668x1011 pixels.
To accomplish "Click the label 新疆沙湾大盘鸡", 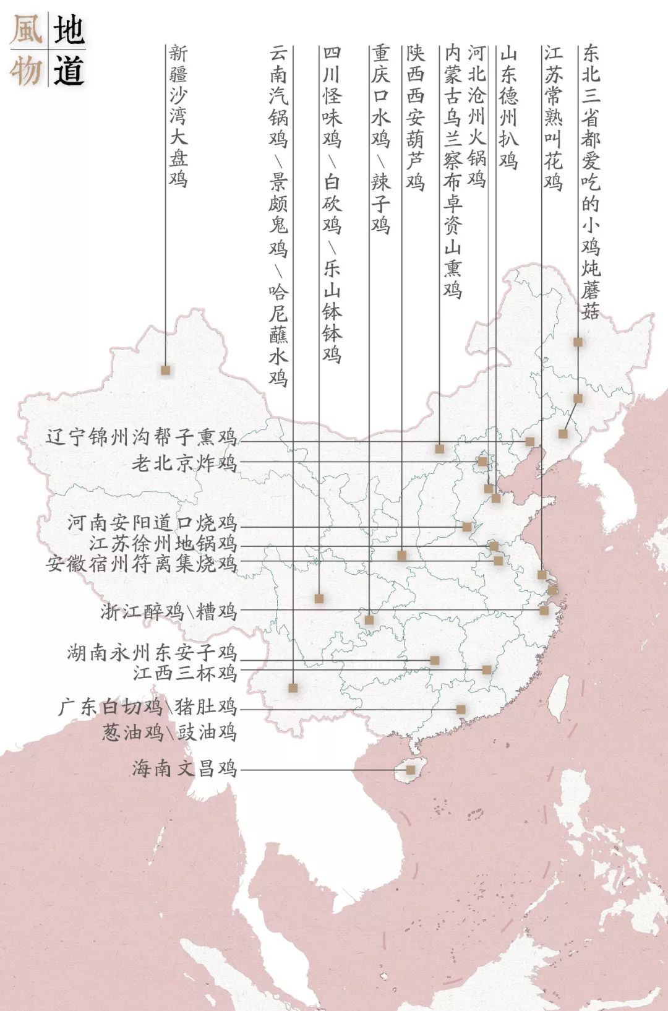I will point(178,116).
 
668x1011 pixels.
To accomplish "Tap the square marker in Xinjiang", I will point(165,370).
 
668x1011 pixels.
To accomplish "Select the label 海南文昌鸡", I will point(184,768).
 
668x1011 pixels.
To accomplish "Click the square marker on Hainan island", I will point(410,770).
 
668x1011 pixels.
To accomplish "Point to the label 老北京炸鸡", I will point(184,463).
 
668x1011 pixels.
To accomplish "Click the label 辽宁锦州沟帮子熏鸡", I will point(141,437).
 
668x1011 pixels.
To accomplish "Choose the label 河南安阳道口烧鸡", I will point(152,523).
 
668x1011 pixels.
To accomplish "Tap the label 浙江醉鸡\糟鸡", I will point(169,612).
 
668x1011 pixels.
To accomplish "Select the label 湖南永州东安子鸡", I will point(152,653).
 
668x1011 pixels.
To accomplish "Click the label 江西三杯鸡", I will point(184,673).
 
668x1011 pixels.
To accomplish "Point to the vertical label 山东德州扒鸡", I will point(508,106).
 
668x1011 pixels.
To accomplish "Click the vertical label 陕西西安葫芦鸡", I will point(415,118).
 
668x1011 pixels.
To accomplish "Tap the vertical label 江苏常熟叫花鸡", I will point(553,118).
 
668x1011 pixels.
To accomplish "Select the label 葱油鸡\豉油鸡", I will point(169,733).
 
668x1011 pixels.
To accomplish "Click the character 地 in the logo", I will point(68,30).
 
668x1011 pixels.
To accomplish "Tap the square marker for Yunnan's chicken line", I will point(293,687).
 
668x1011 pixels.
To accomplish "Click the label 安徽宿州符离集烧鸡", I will point(141,564).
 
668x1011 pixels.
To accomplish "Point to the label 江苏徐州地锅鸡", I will point(163,544).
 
